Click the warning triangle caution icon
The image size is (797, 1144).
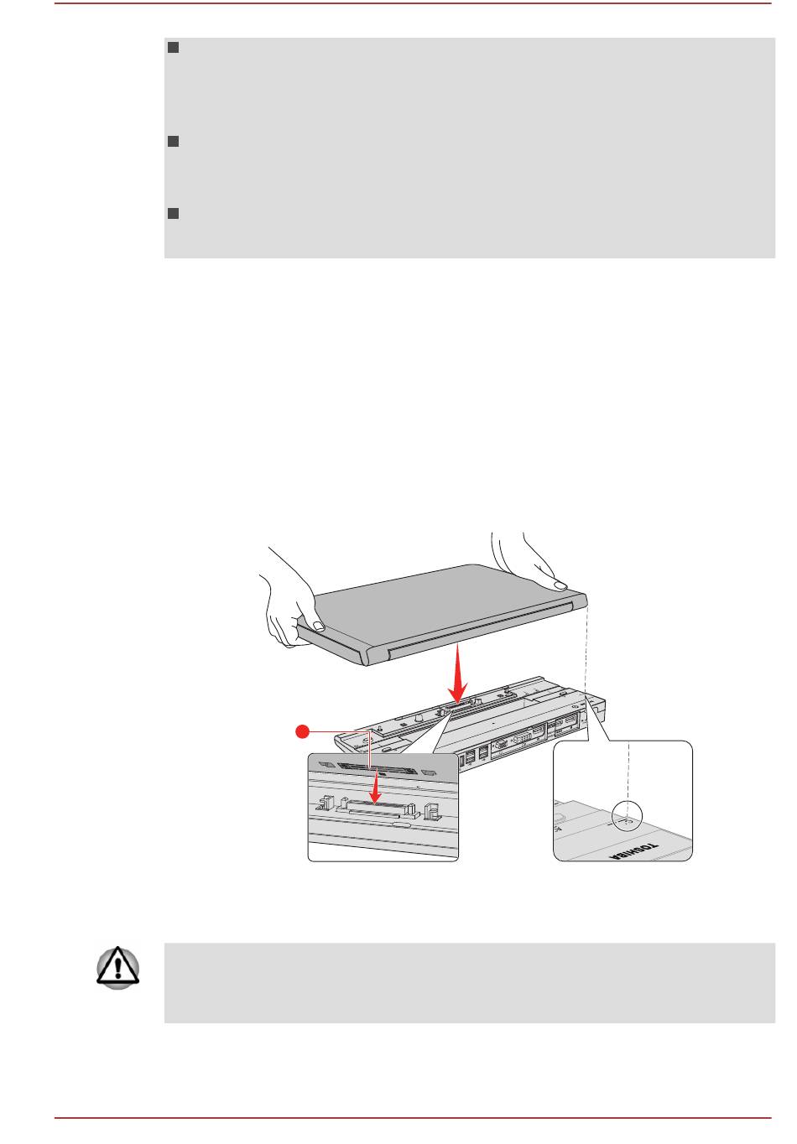click(x=118, y=968)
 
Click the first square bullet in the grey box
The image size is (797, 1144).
click(x=173, y=48)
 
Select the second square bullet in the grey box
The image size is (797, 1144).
click(x=173, y=143)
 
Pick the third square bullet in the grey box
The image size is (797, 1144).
click(x=173, y=213)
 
